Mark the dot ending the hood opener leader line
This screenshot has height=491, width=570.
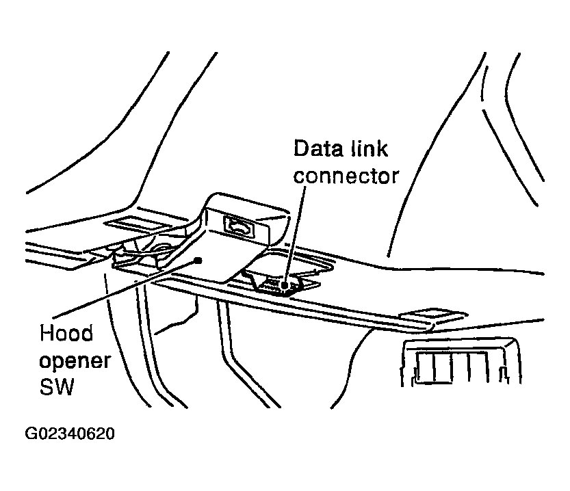[198, 259]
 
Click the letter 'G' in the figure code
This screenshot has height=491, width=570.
[30, 434]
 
